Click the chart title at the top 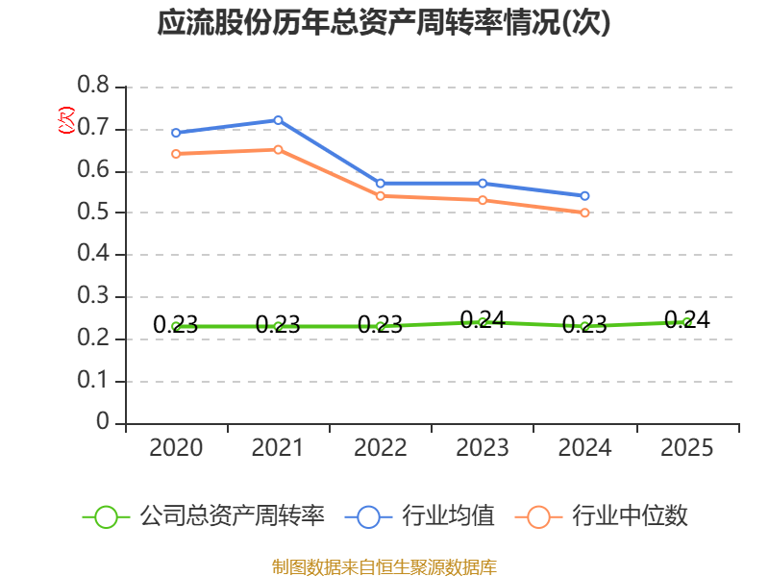(x=384, y=23)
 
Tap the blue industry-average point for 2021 (x=279, y=120)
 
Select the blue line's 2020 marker (x=176, y=133)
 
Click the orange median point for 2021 (x=279, y=149)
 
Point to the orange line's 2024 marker (x=585, y=213)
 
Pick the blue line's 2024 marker (x=585, y=196)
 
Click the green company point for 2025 (x=687, y=323)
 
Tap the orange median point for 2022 (x=381, y=196)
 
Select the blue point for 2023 (x=483, y=184)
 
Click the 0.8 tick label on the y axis (x=94, y=87)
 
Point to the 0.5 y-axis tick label (x=94, y=213)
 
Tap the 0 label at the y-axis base (x=104, y=423)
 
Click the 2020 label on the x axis (x=176, y=448)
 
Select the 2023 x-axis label (x=483, y=448)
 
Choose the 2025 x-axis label (x=687, y=448)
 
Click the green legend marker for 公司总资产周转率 (x=106, y=516)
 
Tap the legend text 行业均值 (x=448, y=516)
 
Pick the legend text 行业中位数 (x=631, y=516)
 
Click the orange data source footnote (x=384, y=566)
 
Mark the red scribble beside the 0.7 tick (x=65, y=120)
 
